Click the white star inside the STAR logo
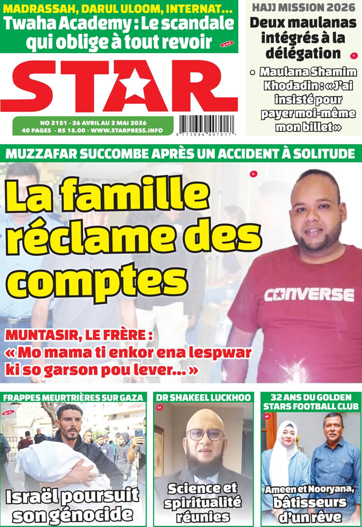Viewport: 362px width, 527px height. pyautogui.click(x=133, y=85)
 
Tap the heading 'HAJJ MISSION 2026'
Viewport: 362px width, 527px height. pyautogui.click(x=304, y=7)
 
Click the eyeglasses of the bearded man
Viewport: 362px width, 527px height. pyautogui.click(x=205, y=435)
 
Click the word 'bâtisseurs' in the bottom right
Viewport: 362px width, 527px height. pyautogui.click(x=311, y=502)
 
